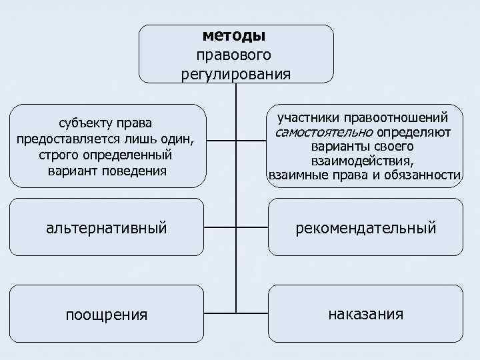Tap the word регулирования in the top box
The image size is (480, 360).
235,73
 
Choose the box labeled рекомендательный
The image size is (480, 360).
366,228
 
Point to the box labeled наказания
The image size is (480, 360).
365,313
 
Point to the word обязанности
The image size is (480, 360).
424,175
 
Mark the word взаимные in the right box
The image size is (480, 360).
297,175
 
